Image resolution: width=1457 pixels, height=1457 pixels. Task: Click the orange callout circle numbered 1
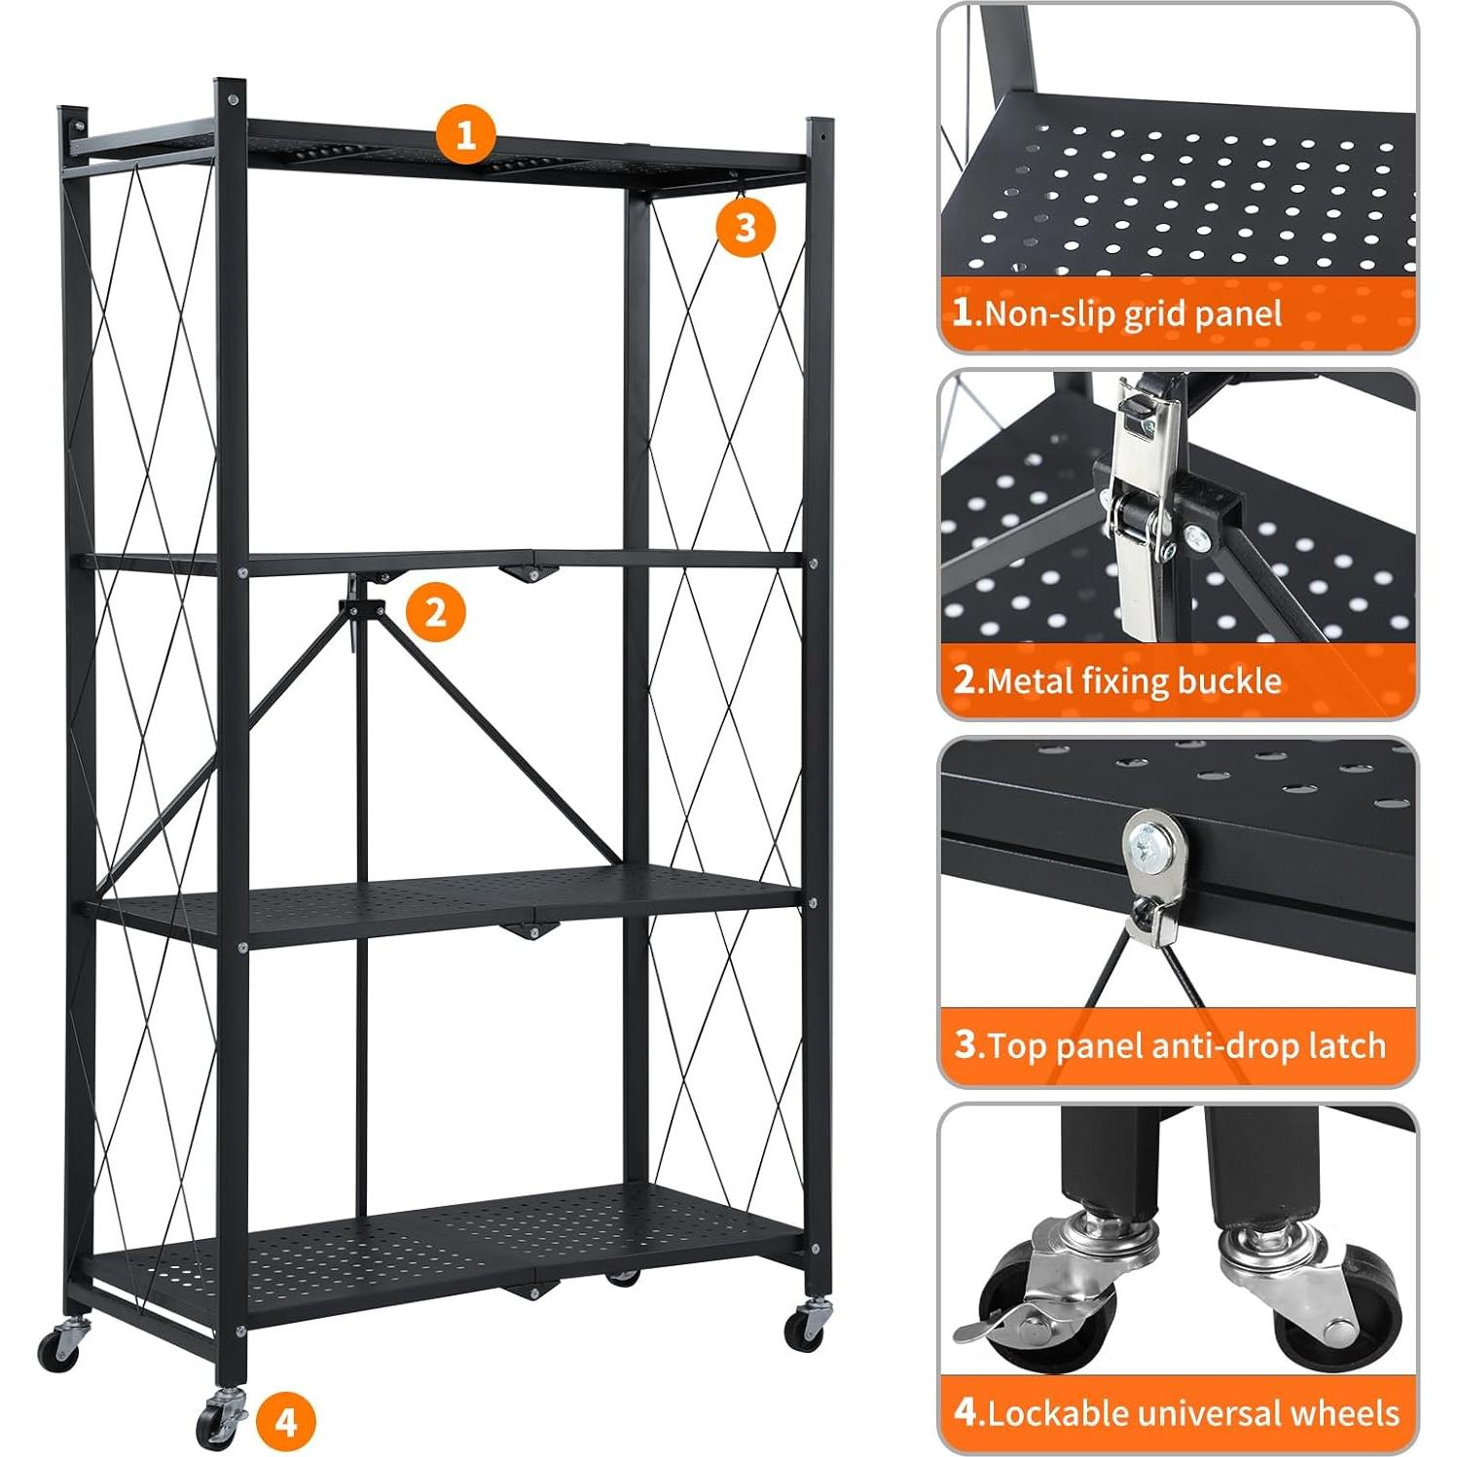tap(466, 133)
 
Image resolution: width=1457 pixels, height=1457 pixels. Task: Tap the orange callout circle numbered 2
tap(435, 612)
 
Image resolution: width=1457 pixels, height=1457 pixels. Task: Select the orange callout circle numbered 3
tap(746, 228)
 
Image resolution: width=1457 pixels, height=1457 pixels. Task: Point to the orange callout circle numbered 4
tap(286, 1421)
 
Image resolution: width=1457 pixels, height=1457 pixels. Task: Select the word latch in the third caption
tap(1347, 1045)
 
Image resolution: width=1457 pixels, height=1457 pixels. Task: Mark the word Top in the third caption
tap(1018, 1045)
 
